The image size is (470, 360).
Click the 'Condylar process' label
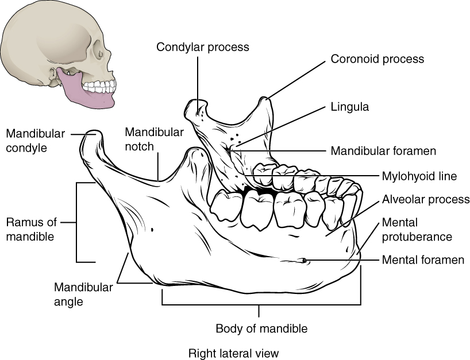coord(202,47)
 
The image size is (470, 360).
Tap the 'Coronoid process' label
coord(377,59)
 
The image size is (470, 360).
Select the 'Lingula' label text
coord(349,107)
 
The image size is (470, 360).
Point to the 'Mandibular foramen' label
coord(383,152)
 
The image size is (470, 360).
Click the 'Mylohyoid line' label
coord(419,177)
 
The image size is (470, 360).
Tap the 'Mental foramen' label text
coord(423,260)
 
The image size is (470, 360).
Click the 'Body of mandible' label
coord(261,329)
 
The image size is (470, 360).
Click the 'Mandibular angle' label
coord(83,293)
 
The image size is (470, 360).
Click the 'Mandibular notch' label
coord(154,139)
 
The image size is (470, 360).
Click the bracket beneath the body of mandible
coord(261,304)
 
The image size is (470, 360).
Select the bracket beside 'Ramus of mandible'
coord(77,222)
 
